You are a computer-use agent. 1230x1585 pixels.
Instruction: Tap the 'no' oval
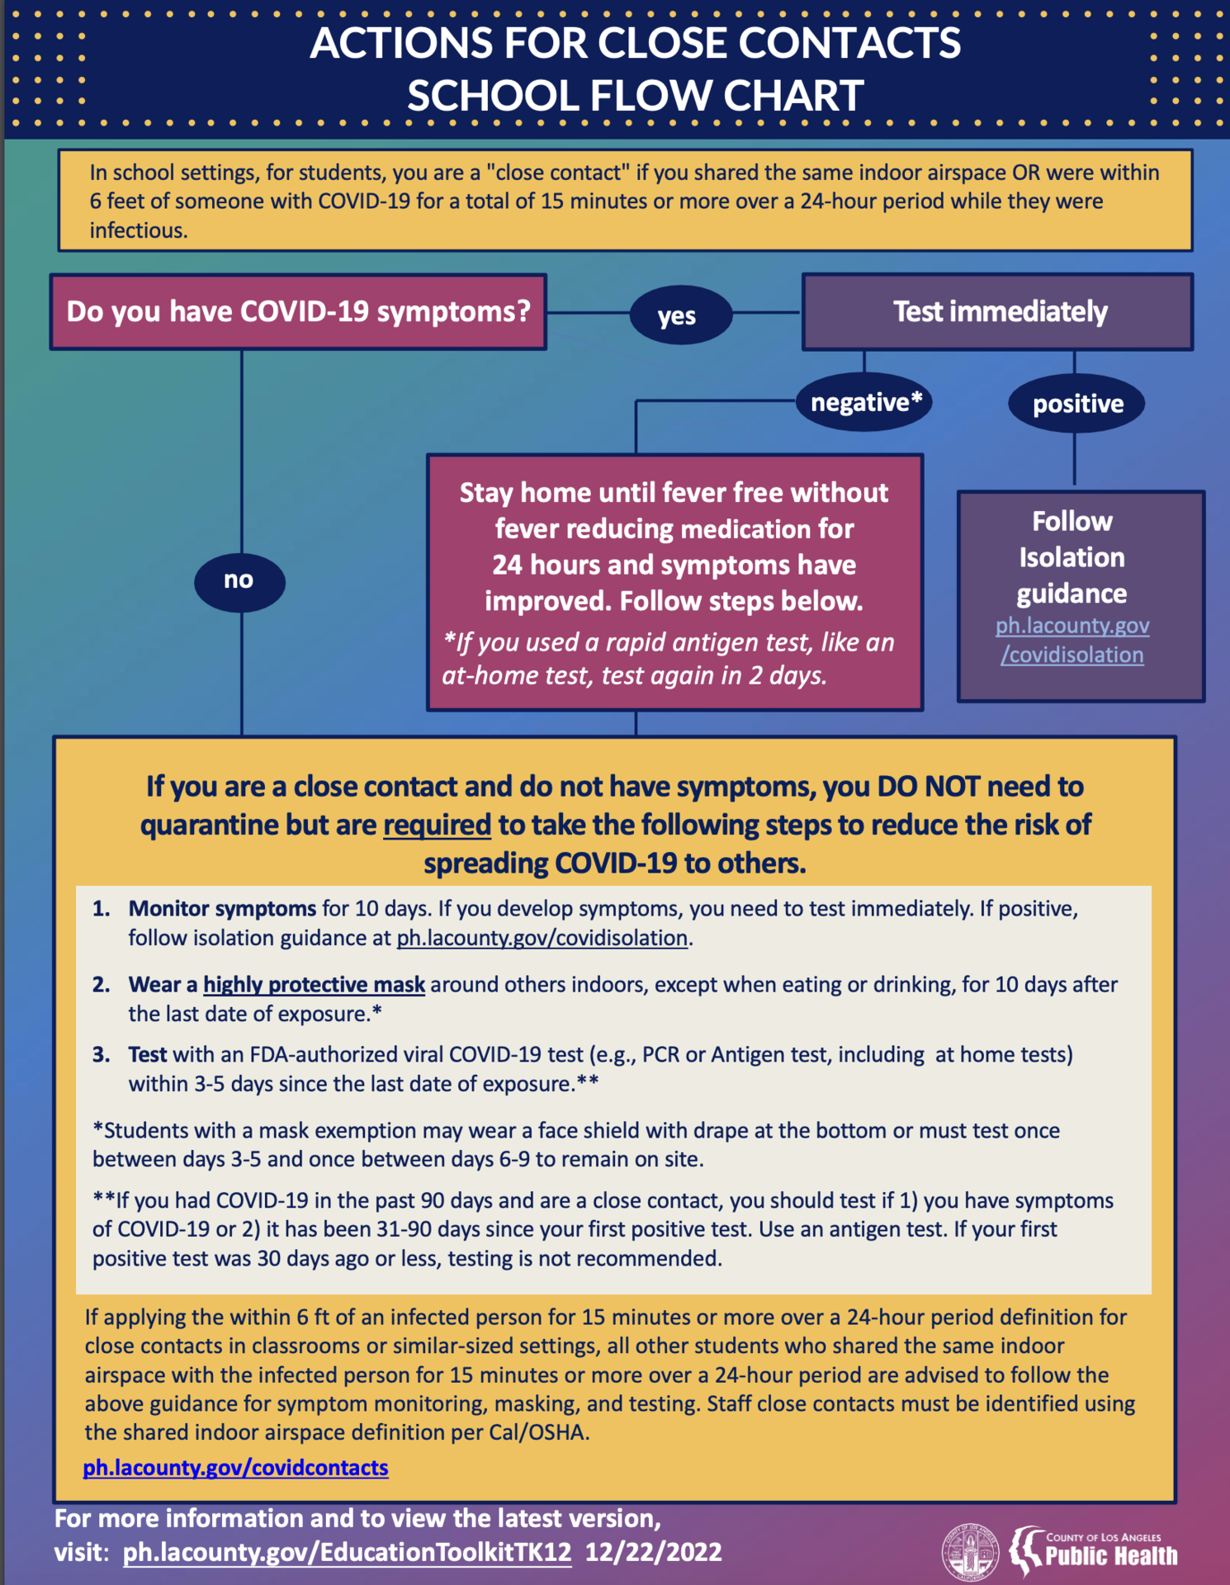click(239, 581)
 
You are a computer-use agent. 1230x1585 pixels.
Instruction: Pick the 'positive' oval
click(1077, 404)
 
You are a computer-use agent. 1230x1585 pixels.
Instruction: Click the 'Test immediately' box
click(998, 312)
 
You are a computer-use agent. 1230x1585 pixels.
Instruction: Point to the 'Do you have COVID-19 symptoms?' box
click(298, 312)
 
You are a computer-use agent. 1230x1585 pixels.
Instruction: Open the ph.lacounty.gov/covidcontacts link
click(235, 1468)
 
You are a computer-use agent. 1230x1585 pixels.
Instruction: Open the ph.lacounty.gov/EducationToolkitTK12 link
click(347, 1552)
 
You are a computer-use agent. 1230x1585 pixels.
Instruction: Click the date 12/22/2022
click(654, 1552)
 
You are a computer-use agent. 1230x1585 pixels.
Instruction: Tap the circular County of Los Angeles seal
click(970, 1551)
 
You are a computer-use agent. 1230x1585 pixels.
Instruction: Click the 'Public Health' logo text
click(1111, 1556)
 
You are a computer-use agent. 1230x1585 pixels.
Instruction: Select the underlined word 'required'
click(437, 825)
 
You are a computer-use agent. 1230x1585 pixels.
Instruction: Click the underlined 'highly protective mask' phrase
click(314, 984)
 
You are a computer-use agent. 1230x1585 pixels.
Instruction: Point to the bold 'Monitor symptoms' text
click(222, 908)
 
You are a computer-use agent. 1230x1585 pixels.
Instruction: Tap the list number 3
click(101, 1054)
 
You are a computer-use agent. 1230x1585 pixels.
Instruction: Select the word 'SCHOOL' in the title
click(493, 96)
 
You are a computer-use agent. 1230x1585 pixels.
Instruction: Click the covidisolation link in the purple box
click(1072, 641)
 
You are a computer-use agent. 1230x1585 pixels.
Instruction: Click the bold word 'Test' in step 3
click(147, 1054)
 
